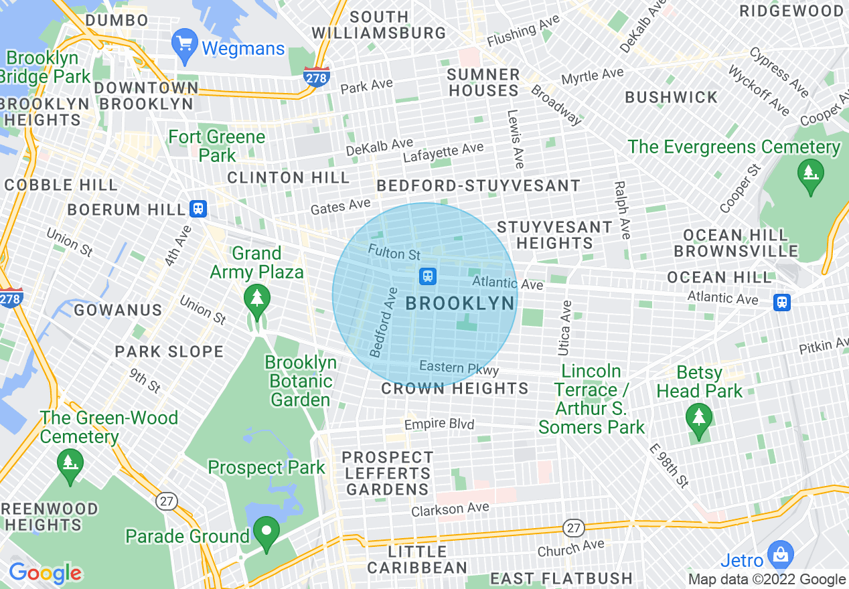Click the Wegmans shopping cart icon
(x=184, y=44)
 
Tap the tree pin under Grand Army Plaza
(x=256, y=299)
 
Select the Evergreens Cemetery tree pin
(x=810, y=175)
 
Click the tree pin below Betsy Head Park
(x=699, y=420)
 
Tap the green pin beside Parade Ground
(x=266, y=533)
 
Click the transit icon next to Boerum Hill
(x=198, y=209)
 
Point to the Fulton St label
(x=394, y=253)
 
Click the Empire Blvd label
(x=439, y=424)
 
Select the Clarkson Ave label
(x=450, y=509)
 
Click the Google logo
(x=45, y=572)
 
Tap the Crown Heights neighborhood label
(x=455, y=388)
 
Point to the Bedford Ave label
(x=384, y=322)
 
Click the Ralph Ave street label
(x=621, y=209)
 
